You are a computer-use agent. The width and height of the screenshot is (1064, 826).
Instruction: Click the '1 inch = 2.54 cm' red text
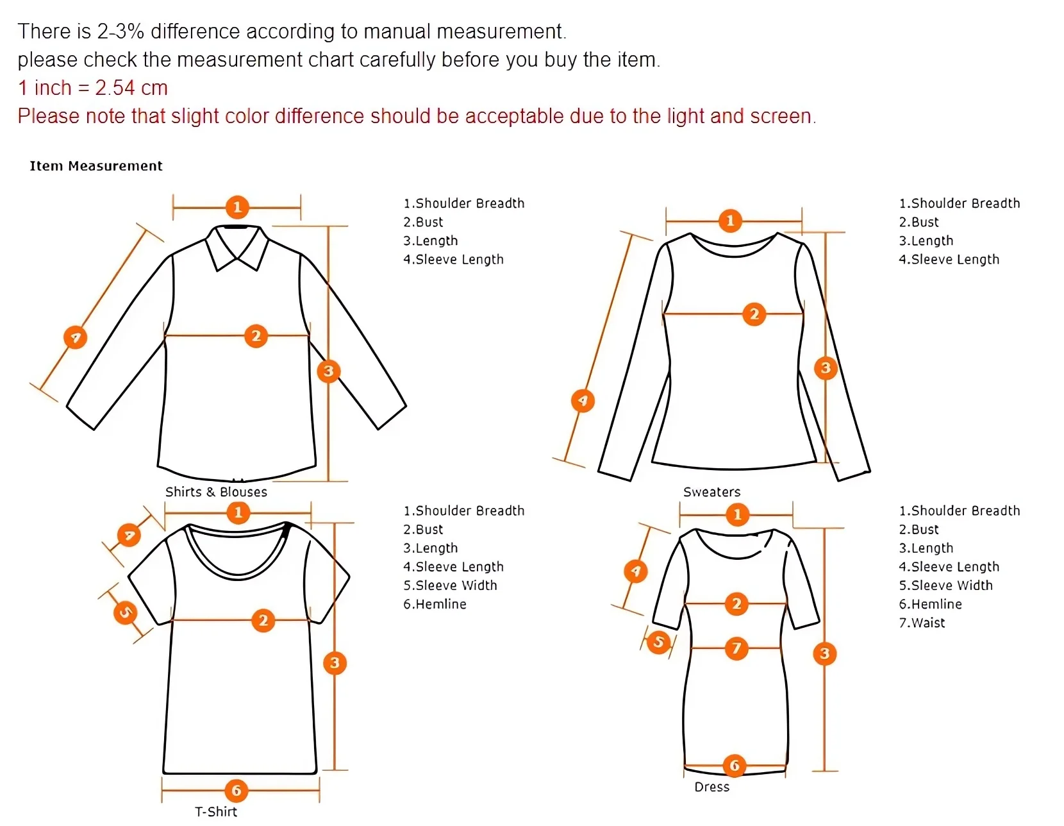pyautogui.click(x=93, y=88)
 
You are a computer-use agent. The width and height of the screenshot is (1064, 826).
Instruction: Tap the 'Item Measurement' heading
pyautogui.click(x=96, y=166)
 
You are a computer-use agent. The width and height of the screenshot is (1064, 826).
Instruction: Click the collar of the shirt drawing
pyautogui.click(x=237, y=247)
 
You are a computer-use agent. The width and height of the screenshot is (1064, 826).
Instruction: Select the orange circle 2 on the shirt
pyautogui.click(x=256, y=336)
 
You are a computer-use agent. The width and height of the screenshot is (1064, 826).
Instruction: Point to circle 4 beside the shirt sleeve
pyautogui.click(x=75, y=337)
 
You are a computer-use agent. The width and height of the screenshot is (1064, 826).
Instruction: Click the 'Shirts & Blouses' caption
pyautogui.click(x=216, y=492)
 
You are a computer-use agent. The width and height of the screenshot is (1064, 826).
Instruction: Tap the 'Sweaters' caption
pyautogui.click(x=711, y=492)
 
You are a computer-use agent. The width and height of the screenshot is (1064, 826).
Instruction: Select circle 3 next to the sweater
pyautogui.click(x=826, y=368)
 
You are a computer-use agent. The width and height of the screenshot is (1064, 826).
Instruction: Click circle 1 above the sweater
pyautogui.click(x=729, y=221)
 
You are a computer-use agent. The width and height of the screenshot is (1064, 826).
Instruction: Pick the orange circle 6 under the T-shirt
pyautogui.click(x=236, y=791)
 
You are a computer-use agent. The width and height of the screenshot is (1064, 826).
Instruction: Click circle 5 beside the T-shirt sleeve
pyautogui.click(x=125, y=612)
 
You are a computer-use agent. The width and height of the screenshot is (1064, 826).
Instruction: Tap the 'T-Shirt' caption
pyautogui.click(x=216, y=812)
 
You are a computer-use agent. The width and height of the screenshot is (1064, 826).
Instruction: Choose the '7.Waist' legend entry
pyautogui.click(x=922, y=623)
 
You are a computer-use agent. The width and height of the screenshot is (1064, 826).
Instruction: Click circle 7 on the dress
pyautogui.click(x=736, y=648)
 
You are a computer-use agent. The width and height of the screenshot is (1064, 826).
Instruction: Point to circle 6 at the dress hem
pyautogui.click(x=735, y=765)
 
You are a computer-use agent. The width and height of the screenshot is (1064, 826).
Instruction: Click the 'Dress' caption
pyautogui.click(x=711, y=787)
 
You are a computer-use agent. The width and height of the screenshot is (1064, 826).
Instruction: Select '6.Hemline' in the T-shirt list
pyautogui.click(x=435, y=604)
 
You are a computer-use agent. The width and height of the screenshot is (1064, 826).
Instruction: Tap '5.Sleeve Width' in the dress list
pyautogui.click(x=945, y=586)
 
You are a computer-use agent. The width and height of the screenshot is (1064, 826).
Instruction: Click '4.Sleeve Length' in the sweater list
pyautogui.click(x=949, y=260)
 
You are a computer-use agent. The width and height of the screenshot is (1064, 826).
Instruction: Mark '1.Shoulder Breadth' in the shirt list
pyautogui.click(x=463, y=203)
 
